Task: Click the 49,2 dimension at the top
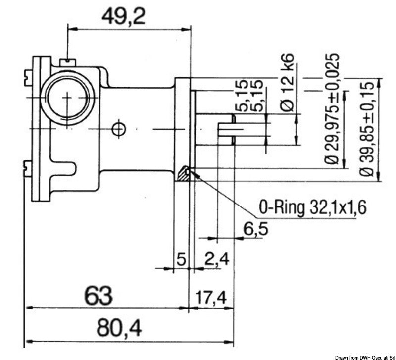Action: tap(124, 18)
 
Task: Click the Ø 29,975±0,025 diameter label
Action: tap(334, 109)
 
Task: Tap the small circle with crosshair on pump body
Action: tap(118, 129)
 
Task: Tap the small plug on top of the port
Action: tap(66, 62)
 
